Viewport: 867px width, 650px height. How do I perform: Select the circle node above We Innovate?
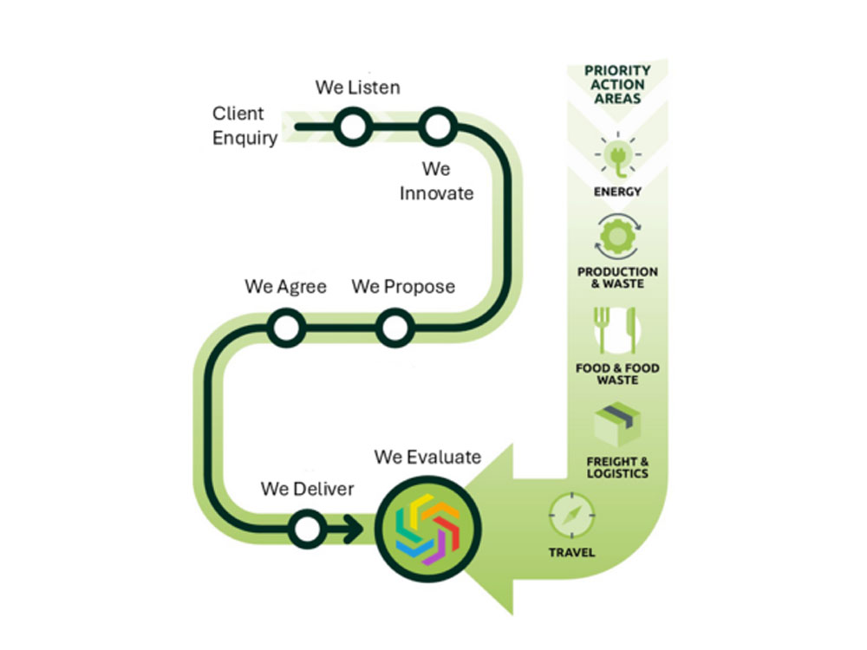click(x=437, y=127)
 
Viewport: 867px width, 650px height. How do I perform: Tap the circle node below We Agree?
click(x=285, y=328)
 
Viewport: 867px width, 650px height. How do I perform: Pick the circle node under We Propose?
click(x=394, y=328)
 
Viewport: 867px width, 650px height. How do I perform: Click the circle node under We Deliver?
click(x=306, y=529)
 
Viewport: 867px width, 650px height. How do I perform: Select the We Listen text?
click(x=357, y=88)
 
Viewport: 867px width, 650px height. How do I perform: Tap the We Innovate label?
click(x=437, y=181)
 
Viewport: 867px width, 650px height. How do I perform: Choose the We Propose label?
click(x=403, y=287)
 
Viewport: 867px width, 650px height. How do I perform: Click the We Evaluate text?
click(x=427, y=457)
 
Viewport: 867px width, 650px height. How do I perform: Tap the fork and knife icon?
click(x=617, y=331)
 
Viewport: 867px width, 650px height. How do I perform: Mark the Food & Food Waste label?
click(x=617, y=374)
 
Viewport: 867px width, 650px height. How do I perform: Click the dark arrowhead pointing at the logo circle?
click(x=355, y=529)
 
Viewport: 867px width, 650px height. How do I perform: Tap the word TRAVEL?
click(x=572, y=552)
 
